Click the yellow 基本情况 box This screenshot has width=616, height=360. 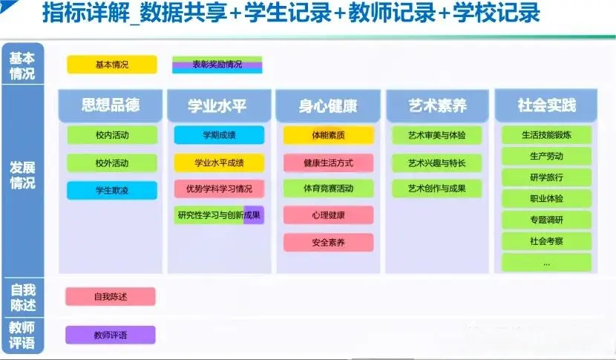[112, 65]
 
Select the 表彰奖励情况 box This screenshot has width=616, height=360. [217, 65]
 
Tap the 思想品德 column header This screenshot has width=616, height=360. [111, 106]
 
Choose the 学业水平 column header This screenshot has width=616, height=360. [218, 107]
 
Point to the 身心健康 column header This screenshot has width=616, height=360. [328, 107]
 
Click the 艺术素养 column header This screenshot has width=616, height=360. [437, 107]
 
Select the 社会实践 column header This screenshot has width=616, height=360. [546, 106]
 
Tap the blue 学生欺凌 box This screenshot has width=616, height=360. [112, 191]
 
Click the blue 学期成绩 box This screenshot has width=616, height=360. [219, 135]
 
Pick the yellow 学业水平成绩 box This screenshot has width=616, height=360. [219, 163]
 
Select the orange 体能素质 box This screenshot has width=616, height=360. [328, 135]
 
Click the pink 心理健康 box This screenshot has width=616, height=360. [328, 215]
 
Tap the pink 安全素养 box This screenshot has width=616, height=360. [328, 242]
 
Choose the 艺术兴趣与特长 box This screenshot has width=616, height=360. [437, 163]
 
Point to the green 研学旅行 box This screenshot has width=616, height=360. [546, 177]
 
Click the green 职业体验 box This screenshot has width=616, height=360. [546, 199]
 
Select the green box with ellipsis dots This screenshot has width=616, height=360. [546, 263]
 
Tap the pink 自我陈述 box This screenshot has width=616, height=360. [111, 297]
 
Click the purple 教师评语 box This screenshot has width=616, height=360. [111, 335]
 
